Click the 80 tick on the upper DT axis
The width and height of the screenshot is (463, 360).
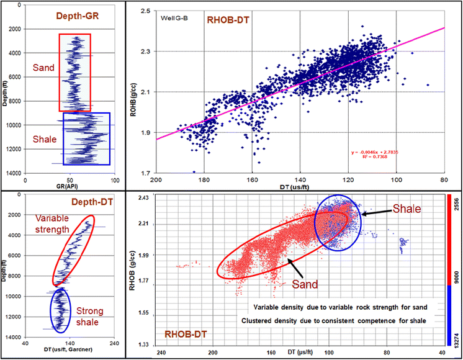[x=444, y=180]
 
